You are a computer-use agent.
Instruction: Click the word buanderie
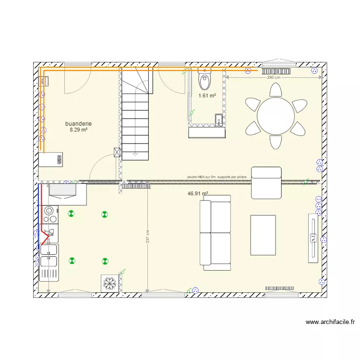coord(78,124)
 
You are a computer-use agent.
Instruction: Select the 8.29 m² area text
coord(78,130)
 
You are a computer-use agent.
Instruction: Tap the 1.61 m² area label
coord(207,96)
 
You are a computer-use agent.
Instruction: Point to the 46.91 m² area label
coord(198,194)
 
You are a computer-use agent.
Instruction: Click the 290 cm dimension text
coord(274,78)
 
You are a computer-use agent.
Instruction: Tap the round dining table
coord(276,116)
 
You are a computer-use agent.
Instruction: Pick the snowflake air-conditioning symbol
coord(109,283)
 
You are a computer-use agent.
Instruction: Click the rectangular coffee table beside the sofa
coord(263,235)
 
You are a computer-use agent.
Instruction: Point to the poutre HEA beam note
coord(216,177)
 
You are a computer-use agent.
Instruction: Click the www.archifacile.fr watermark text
coord(329,322)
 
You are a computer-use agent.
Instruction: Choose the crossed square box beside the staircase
coord(117,152)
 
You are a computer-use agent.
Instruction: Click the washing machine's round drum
coord(48,211)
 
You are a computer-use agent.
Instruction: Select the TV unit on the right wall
coord(313,238)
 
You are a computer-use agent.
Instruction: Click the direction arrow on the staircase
coord(135,155)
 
